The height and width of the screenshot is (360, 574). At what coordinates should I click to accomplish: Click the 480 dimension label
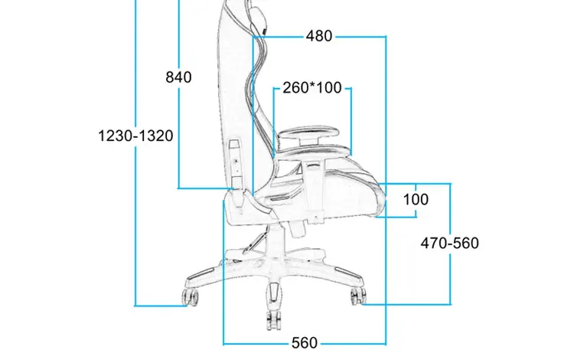click(318, 36)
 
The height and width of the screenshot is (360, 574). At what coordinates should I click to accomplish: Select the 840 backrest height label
click(178, 77)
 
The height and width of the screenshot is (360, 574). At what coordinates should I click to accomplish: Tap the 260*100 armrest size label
click(311, 87)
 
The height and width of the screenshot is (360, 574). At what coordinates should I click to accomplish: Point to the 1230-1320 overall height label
click(136, 136)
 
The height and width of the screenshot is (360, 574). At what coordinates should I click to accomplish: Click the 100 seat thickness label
click(416, 199)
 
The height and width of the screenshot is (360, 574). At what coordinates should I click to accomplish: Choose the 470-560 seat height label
click(450, 243)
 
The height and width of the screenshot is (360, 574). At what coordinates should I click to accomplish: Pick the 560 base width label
click(304, 342)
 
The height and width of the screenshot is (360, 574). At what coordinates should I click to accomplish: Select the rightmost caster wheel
click(357, 296)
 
